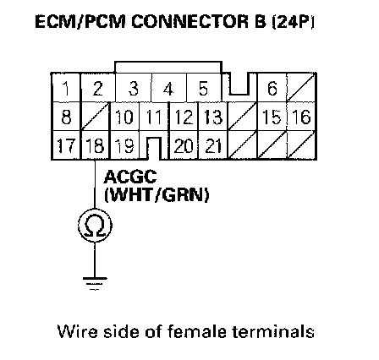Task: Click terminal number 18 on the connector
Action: click(95, 145)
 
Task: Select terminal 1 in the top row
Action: click(66, 88)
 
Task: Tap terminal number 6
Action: click(272, 88)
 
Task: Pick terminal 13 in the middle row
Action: click(212, 117)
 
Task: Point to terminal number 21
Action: click(212, 145)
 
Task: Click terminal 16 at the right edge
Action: click(301, 117)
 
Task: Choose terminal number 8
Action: click(66, 117)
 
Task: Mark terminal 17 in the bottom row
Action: click(66, 145)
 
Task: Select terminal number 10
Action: click(124, 117)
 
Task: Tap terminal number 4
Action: click(168, 89)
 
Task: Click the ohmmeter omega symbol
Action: click(95, 226)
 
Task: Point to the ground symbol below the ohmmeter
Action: click(95, 283)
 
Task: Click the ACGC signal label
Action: click(130, 177)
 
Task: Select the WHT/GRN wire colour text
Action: click(157, 195)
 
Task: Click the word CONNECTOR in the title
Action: click(190, 21)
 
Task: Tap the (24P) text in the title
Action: click(293, 21)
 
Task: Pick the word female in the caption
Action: click(197, 331)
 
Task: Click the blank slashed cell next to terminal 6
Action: click(301, 88)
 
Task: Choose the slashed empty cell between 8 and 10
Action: click(96, 117)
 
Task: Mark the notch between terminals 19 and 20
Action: click(154, 149)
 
